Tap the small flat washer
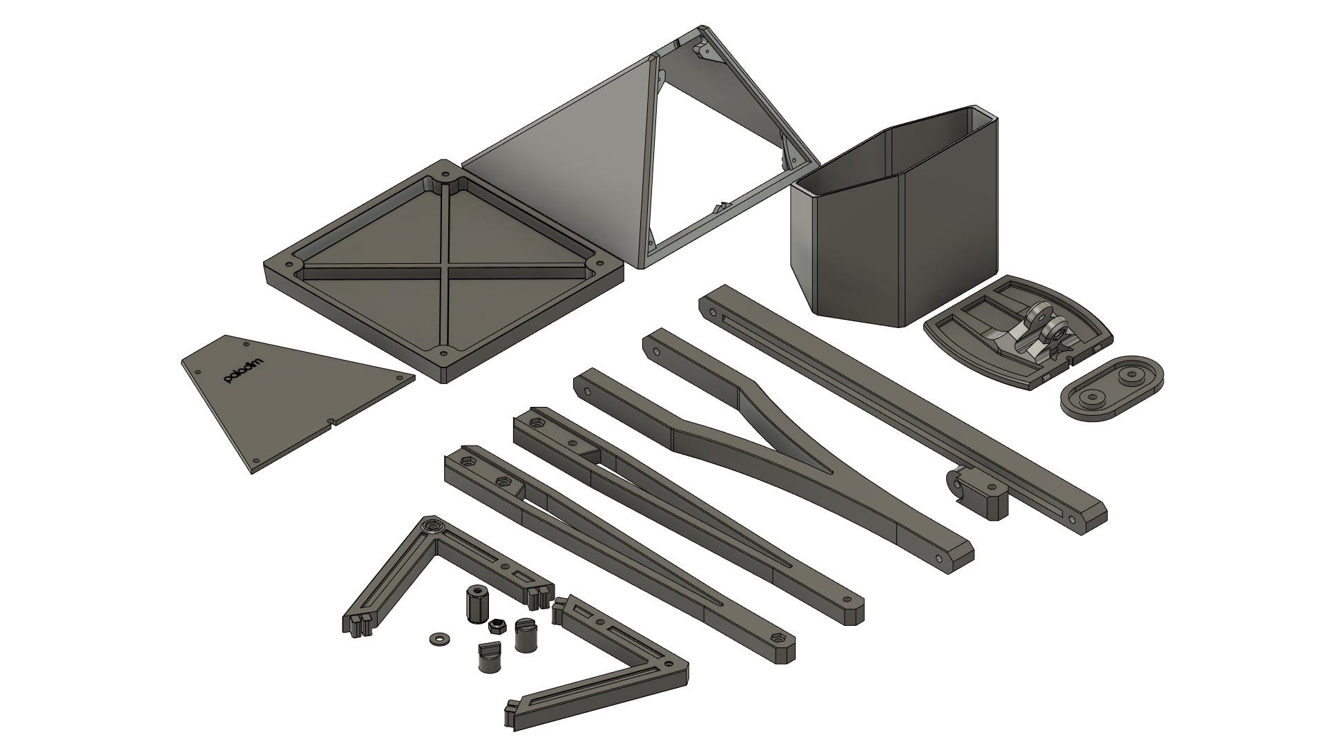pos(437,638)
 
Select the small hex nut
pos(495,626)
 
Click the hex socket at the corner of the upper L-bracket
pos(431,528)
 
